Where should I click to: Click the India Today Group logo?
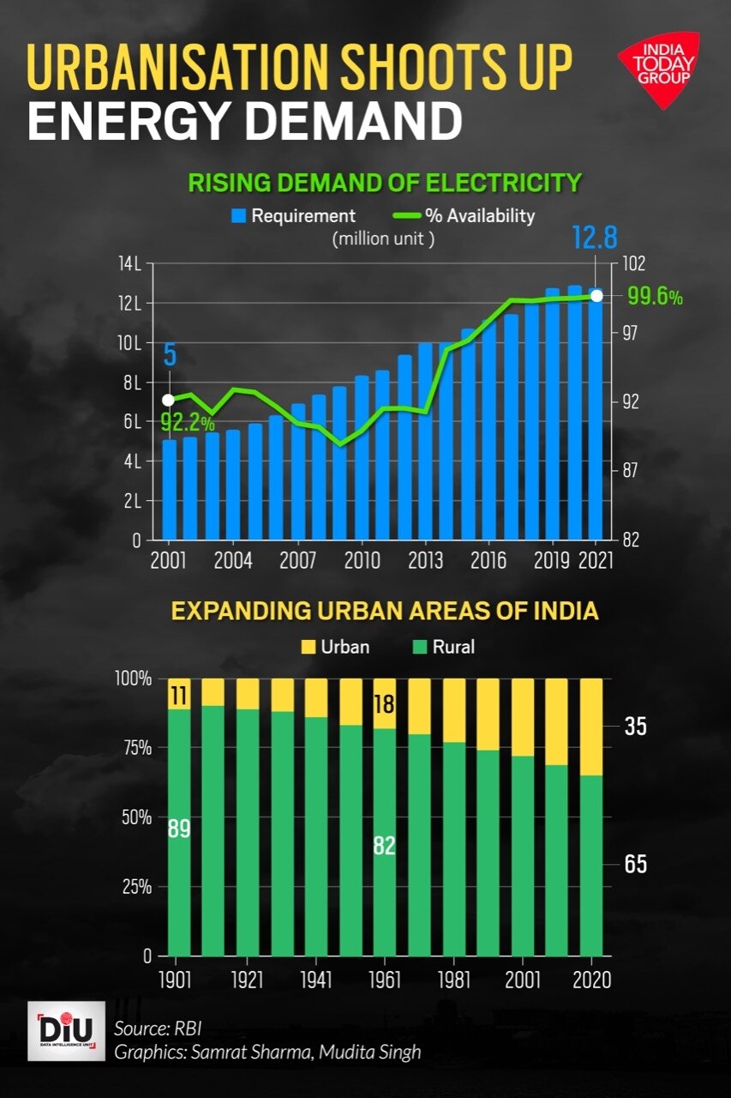point(657,69)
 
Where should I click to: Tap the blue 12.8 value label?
point(594,238)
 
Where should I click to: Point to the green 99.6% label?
point(655,297)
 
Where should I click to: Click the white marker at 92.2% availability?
point(168,400)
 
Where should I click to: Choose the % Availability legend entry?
point(464,216)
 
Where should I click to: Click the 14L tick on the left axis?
point(130,263)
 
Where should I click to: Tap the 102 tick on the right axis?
point(632,263)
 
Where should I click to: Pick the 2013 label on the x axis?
point(426,562)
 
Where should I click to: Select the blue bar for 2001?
point(169,489)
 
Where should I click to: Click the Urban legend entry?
point(336,646)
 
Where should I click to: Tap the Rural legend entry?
point(444,646)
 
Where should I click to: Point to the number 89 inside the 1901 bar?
point(178,830)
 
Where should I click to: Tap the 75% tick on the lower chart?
point(133,747)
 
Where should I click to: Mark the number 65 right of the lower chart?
point(635,864)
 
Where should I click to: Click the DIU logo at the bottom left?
point(67,1030)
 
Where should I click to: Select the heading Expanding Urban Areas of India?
point(384,612)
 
